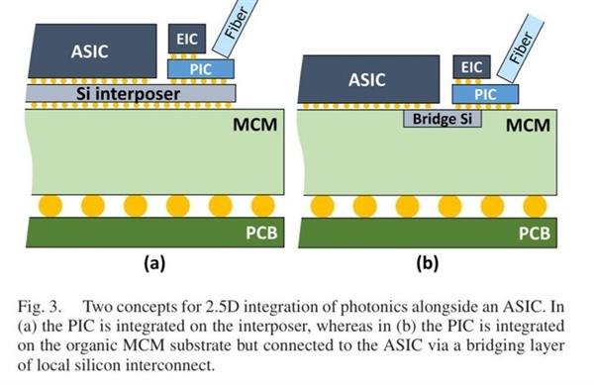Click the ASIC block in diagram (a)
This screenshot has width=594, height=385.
[92, 51]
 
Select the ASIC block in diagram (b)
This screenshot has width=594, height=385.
[368, 79]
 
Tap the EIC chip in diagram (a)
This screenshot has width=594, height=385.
[187, 39]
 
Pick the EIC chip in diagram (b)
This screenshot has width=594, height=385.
[471, 67]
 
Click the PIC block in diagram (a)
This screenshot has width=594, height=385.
[201, 69]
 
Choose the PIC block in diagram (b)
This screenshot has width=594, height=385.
[485, 94]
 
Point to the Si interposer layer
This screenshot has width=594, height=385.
[131, 93]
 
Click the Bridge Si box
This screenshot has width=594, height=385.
[443, 119]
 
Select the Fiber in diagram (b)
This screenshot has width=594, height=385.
[520, 48]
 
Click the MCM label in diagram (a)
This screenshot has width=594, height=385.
[255, 125]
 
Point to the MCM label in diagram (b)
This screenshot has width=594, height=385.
[528, 126]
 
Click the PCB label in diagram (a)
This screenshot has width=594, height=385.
[261, 233]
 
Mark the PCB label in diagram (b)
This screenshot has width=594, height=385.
[535, 234]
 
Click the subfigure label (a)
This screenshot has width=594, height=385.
[154, 262]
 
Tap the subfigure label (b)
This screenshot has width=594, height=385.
[428, 262]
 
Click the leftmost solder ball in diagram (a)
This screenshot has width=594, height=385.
[50, 206]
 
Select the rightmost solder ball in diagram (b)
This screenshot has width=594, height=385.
[535, 207]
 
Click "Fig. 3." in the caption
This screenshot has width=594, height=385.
[39, 307]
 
